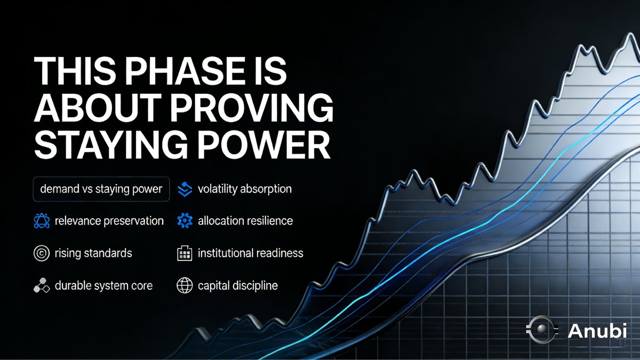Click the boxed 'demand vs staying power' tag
(x=101, y=189)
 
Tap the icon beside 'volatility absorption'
(x=184, y=189)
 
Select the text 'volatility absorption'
(x=244, y=189)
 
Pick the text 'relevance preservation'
(x=109, y=221)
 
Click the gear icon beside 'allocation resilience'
(x=184, y=221)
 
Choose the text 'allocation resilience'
(x=245, y=221)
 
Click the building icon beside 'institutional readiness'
(x=184, y=253)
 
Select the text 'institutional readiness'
(x=250, y=253)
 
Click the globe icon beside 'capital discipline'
(x=184, y=286)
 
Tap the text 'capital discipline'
(x=237, y=286)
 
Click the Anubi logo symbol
(x=540, y=331)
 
